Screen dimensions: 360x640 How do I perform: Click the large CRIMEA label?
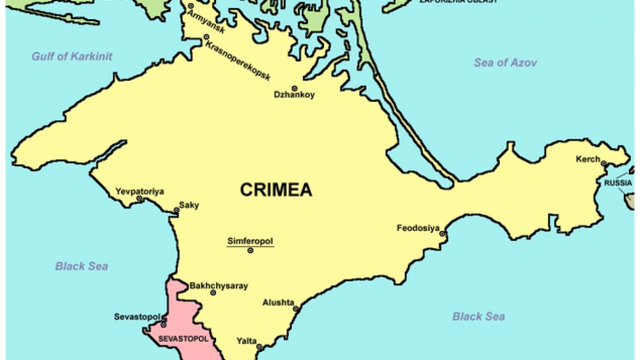click(x=276, y=190)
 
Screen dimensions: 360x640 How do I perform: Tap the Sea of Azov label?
click(x=505, y=63)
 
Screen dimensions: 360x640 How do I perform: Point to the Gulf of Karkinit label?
click(x=71, y=56)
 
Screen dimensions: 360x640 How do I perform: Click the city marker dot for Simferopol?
click(x=250, y=250)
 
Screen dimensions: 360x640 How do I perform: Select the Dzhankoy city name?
click(x=294, y=95)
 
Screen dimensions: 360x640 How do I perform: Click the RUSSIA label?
click(x=618, y=183)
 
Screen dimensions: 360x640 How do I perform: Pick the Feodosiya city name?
click(x=418, y=228)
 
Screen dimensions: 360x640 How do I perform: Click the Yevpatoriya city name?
click(x=140, y=191)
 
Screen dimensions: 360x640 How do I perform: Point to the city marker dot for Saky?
click(x=177, y=211)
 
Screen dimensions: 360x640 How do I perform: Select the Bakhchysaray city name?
click(x=219, y=286)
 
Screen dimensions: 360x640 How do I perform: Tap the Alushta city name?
click(x=278, y=302)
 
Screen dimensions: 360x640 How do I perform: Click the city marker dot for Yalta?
click(x=260, y=348)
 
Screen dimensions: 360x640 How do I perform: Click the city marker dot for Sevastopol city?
click(x=163, y=324)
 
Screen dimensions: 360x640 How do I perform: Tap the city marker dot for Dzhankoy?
click(x=294, y=88)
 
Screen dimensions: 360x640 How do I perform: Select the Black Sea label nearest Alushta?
click(x=478, y=316)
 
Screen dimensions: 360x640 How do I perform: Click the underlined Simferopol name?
click(x=250, y=241)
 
